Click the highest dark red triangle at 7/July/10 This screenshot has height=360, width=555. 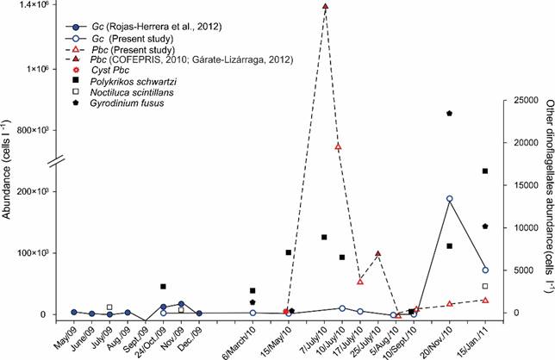325,7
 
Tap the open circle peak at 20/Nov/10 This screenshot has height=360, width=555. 450,175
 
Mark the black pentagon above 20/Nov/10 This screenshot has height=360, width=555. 450,114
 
